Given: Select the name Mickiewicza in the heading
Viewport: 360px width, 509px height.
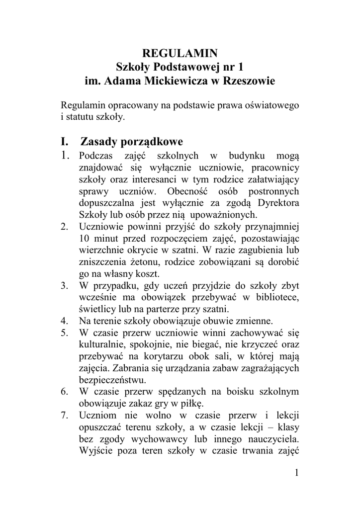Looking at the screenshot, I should pyautogui.click(x=186, y=80).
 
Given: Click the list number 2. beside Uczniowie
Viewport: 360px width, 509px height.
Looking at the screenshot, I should pyautogui.click(x=65, y=227).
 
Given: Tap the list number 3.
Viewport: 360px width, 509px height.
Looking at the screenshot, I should pyautogui.click(x=65, y=286).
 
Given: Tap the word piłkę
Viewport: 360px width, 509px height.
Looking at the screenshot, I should pyautogui.click(x=191, y=403).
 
